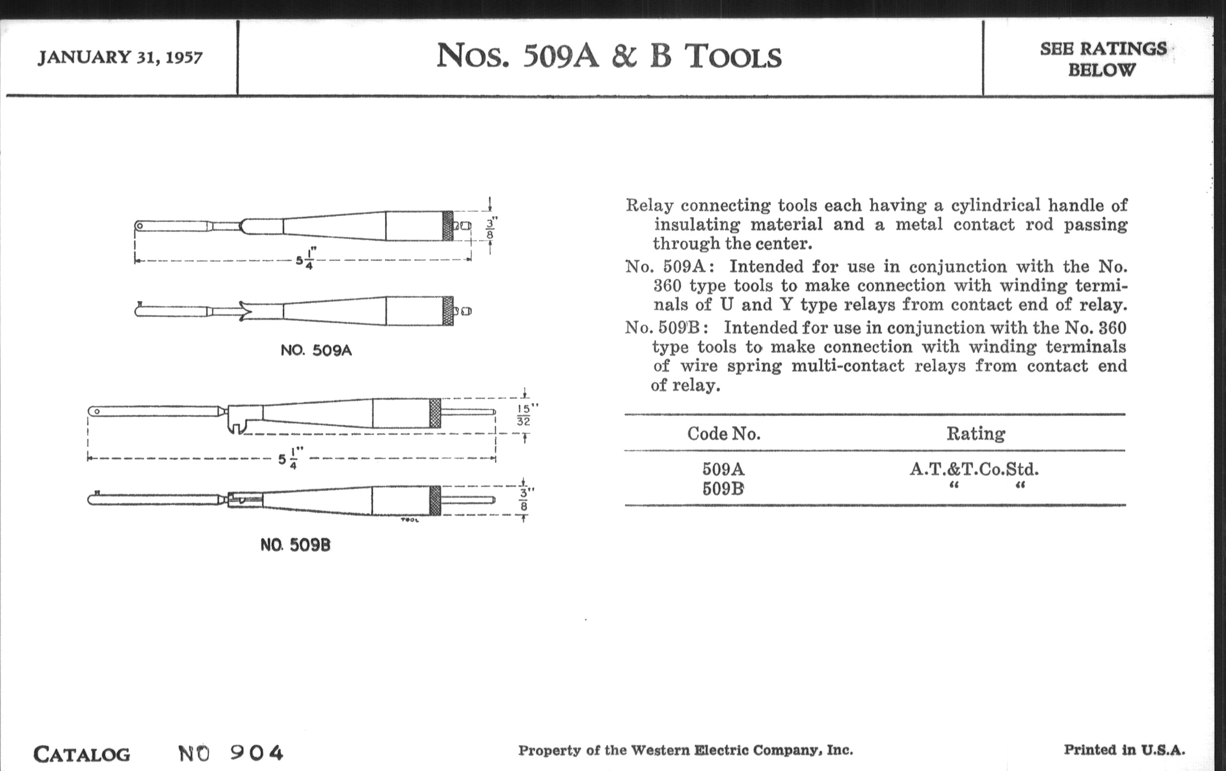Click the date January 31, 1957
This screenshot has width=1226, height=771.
pyautogui.click(x=120, y=57)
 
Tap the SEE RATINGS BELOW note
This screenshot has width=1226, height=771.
pyautogui.click(x=1102, y=59)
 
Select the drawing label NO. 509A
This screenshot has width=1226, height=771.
pyautogui.click(x=316, y=351)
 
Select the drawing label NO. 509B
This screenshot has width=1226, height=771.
pyautogui.click(x=295, y=545)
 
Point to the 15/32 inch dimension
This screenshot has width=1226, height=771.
pyautogui.click(x=524, y=415)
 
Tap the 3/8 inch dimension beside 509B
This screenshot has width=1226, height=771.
pyautogui.click(x=524, y=499)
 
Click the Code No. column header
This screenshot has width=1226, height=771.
pyautogui.click(x=723, y=433)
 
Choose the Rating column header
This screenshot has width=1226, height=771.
pyautogui.click(x=975, y=433)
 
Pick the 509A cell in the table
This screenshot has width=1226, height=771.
pyautogui.click(x=723, y=469)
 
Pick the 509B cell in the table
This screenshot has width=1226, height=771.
pyautogui.click(x=723, y=489)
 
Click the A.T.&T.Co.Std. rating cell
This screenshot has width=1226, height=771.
pyautogui.click(x=974, y=469)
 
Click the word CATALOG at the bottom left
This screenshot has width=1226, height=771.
pyautogui.click(x=82, y=754)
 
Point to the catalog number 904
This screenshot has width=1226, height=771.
pyautogui.click(x=256, y=753)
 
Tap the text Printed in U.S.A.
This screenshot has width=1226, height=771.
pyautogui.click(x=1124, y=750)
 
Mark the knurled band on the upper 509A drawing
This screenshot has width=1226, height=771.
pyautogui.click(x=448, y=225)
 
